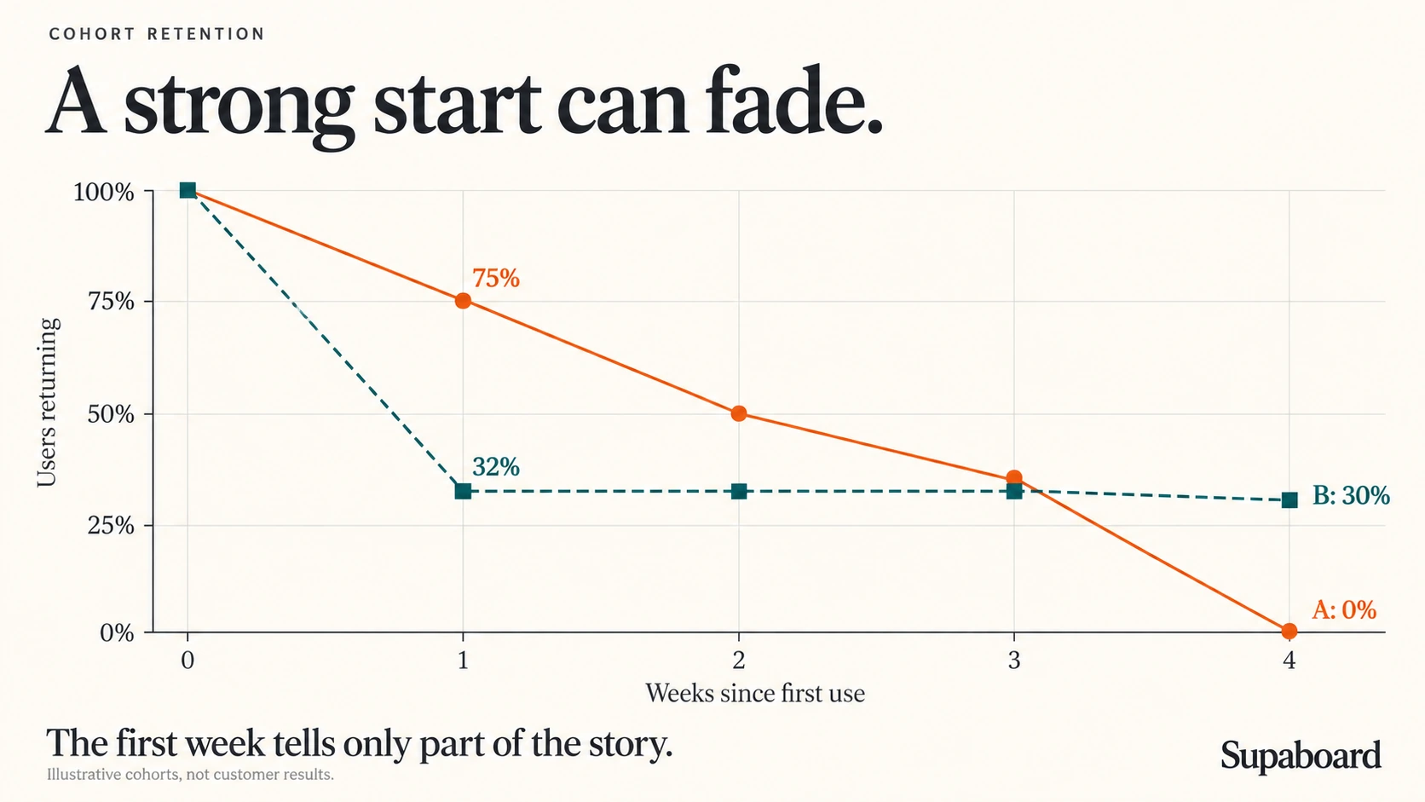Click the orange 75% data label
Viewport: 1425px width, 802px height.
495,279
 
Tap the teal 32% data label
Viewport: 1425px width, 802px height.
495,467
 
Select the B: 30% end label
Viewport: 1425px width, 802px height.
1351,495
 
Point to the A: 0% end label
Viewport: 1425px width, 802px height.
1343,610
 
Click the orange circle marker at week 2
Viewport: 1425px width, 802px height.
739,414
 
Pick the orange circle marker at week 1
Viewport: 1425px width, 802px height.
463,301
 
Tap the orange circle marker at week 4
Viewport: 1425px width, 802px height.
1289,631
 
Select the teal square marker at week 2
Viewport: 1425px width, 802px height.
739,492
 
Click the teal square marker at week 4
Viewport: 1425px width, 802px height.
1289,500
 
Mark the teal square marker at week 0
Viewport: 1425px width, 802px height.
187,190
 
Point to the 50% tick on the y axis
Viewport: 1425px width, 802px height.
148,414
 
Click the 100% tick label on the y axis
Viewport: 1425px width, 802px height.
104,192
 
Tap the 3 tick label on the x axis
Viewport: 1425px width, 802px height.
1014,661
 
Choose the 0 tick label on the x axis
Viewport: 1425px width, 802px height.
187,661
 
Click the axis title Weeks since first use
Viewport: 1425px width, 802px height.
755,693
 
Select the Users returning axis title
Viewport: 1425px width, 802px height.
48,402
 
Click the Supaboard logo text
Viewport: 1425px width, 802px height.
1301,756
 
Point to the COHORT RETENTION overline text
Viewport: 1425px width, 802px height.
157,34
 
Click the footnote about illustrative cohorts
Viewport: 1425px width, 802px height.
190,775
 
